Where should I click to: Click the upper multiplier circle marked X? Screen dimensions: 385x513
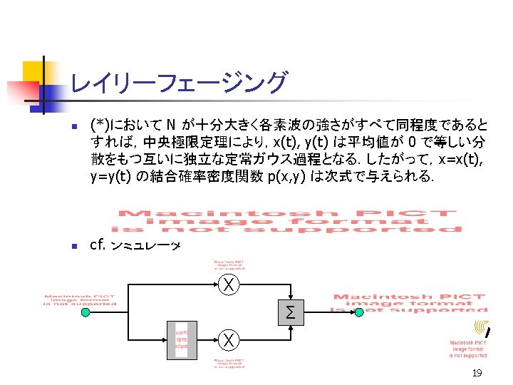point(228,286)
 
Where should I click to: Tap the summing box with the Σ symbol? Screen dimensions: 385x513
point(290,312)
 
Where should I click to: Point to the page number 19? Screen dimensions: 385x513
point(476,374)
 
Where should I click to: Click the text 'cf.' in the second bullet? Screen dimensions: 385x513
point(98,246)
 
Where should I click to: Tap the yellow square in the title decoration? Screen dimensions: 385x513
point(33,71)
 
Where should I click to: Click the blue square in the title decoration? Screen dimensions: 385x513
point(48,93)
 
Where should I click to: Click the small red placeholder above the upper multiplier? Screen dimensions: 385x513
point(229,265)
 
